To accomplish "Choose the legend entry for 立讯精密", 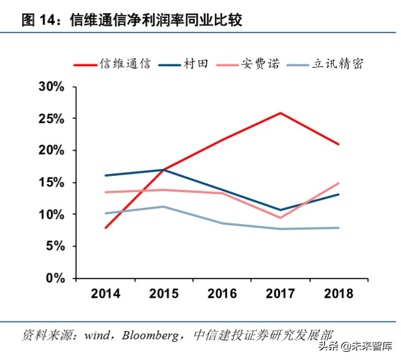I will (x=336, y=64).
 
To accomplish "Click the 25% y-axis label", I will (x=52, y=119).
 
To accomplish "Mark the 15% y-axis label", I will (x=52, y=183).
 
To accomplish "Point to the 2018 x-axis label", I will (x=338, y=293).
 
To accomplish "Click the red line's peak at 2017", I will (x=279, y=113).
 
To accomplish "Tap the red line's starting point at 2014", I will (x=106, y=227).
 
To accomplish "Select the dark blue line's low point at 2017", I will (x=279, y=210).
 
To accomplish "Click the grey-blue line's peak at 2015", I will (x=164, y=207).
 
